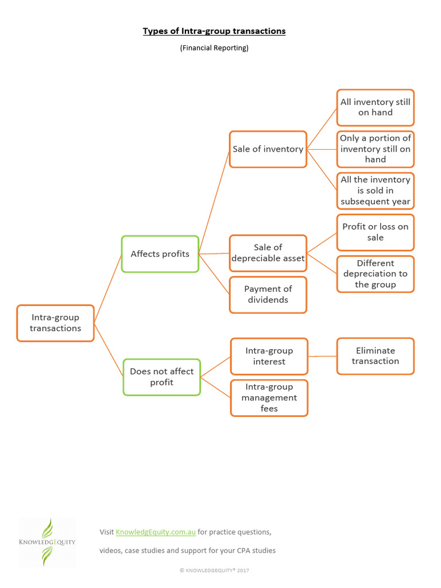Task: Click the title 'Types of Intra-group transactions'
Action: click(214, 31)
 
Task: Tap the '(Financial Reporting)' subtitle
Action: click(214, 48)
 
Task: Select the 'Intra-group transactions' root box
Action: click(55, 323)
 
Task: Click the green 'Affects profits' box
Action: click(160, 254)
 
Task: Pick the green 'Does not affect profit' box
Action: click(161, 377)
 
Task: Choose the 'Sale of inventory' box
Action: click(268, 149)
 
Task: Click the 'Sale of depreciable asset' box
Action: click(268, 253)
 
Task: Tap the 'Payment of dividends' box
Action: click(268, 295)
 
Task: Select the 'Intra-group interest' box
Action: click(269, 356)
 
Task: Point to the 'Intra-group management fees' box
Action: click(269, 398)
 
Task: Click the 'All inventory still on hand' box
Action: click(375, 107)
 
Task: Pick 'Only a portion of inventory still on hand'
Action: click(375, 149)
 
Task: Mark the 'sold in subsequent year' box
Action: click(375, 191)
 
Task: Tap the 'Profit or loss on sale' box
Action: click(375, 232)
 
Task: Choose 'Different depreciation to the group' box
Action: click(375, 274)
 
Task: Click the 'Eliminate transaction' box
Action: click(375, 356)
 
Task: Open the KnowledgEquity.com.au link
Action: click(156, 532)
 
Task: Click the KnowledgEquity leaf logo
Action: click(47, 541)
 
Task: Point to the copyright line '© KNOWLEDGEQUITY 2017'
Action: click(214, 570)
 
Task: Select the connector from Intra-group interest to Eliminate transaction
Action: click(322, 356)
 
